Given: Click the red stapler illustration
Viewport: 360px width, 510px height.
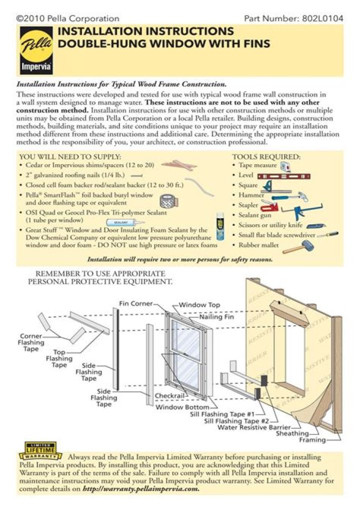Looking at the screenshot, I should click(x=268, y=206).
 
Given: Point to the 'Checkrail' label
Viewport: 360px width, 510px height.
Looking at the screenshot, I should click(x=170, y=396).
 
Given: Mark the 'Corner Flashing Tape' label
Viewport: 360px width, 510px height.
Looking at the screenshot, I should click(x=31, y=342).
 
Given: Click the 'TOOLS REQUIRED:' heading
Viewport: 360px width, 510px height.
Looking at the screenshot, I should click(x=266, y=157).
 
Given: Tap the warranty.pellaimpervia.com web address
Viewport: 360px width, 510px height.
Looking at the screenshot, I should click(x=141, y=489).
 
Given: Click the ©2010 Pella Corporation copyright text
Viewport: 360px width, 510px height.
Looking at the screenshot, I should click(x=68, y=19).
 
